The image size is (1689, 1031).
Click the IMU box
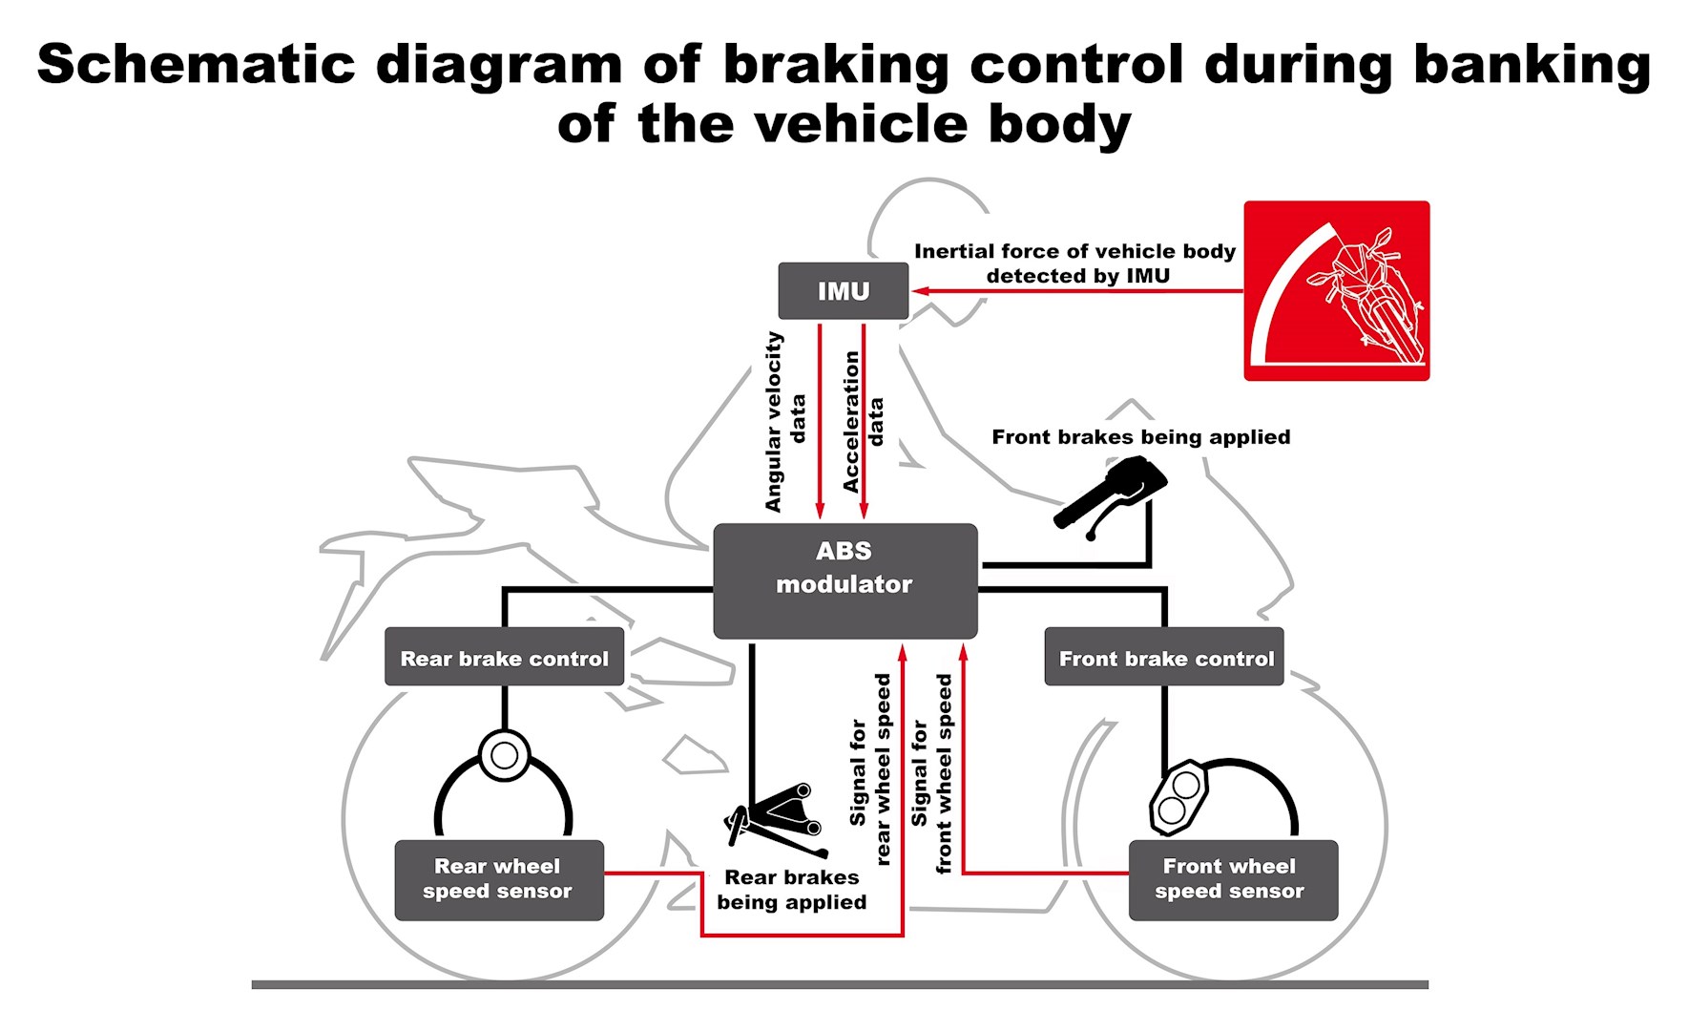(843, 291)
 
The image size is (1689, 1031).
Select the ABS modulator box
(844, 580)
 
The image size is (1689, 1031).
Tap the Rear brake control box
(504, 657)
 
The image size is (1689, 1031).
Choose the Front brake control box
(1164, 657)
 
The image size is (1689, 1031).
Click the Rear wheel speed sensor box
(499, 879)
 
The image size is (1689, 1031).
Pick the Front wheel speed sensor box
(1232, 879)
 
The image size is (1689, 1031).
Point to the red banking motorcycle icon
(1336, 290)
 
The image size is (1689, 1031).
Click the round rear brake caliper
(504, 755)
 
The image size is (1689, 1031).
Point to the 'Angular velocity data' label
(785, 421)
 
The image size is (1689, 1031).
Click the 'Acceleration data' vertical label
(864, 421)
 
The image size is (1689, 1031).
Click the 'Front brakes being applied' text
(1140, 437)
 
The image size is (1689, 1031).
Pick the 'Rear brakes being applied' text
(791, 890)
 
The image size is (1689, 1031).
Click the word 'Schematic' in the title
(196, 65)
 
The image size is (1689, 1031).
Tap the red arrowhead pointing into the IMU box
(919, 291)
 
